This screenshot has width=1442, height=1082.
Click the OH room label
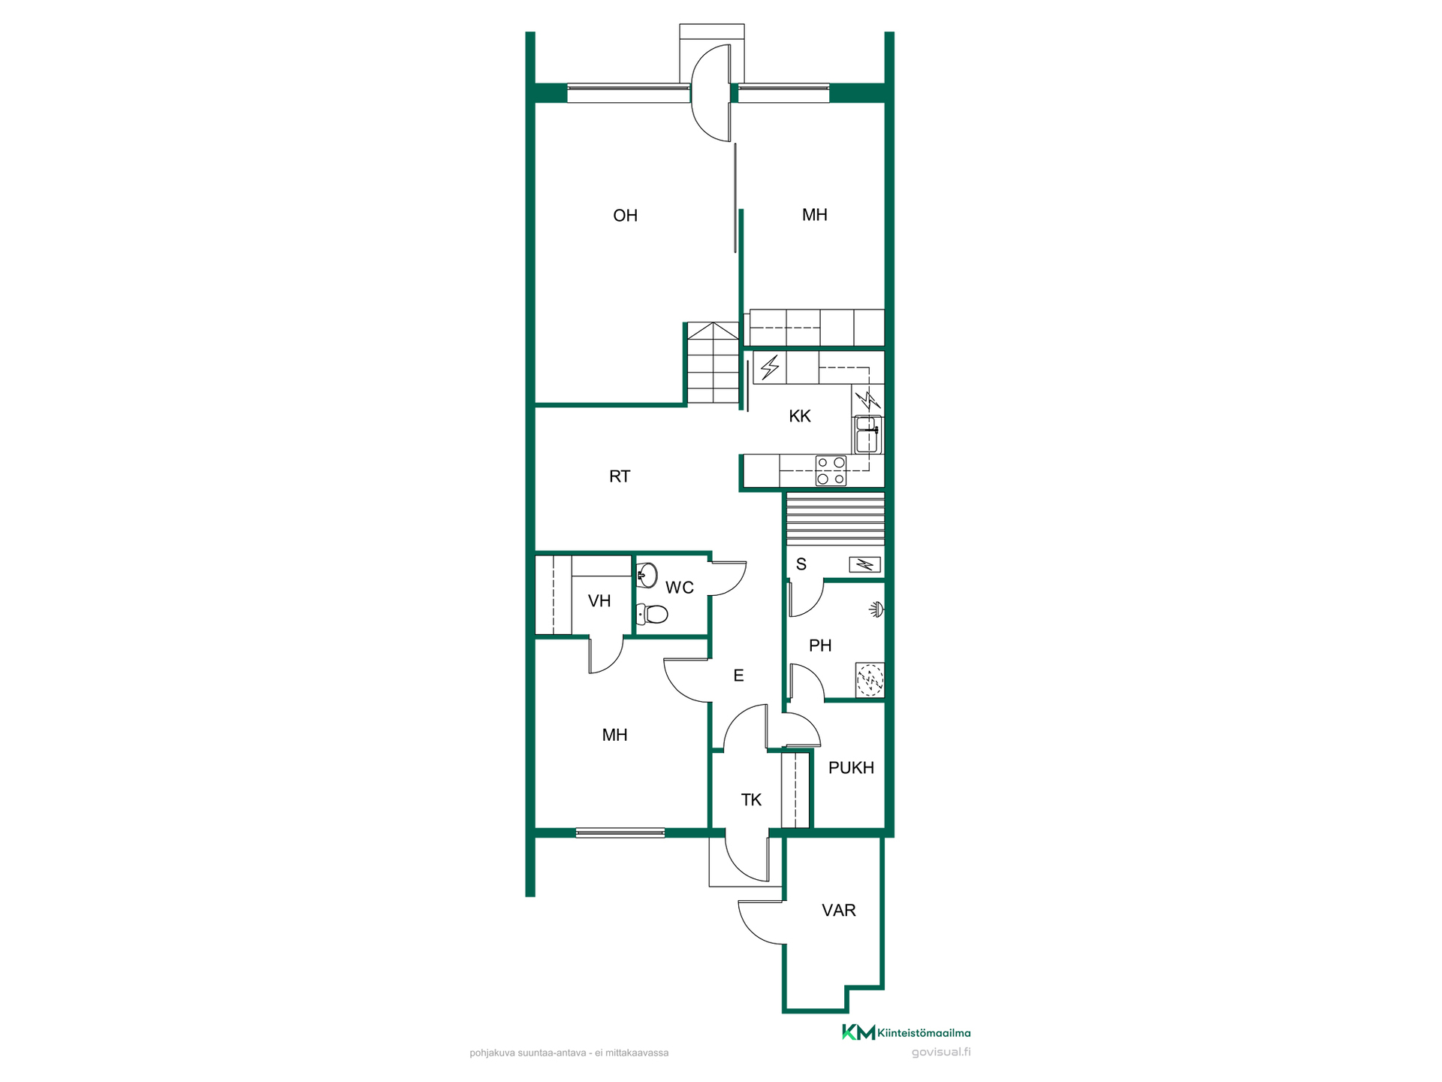click(625, 216)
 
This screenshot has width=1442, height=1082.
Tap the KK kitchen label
click(800, 416)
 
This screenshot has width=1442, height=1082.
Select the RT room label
click(620, 476)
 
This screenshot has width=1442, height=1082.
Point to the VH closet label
click(599, 601)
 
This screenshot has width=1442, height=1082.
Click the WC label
click(680, 588)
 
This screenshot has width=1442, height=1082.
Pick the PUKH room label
click(851, 768)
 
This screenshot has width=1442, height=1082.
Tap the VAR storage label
click(839, 911)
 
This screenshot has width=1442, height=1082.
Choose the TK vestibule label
click(751, 800)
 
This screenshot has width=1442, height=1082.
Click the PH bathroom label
click(820, 645)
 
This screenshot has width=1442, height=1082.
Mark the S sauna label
click(801, 564)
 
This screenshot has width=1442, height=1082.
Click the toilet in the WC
click(653, 615)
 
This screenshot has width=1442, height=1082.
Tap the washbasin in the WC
click(647, 576)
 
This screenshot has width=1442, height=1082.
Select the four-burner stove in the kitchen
click(831, 471)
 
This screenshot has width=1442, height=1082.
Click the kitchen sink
click(868, 435)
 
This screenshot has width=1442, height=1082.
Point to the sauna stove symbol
click(864, 564)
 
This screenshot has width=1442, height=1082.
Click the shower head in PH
click(876, 609)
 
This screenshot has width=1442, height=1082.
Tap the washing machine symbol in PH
click(870, 680)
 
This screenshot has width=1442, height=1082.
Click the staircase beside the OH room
click(713, 363)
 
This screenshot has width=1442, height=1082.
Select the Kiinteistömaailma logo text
click(924, 1033)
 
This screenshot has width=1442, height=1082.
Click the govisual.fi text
click(941, 1052)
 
